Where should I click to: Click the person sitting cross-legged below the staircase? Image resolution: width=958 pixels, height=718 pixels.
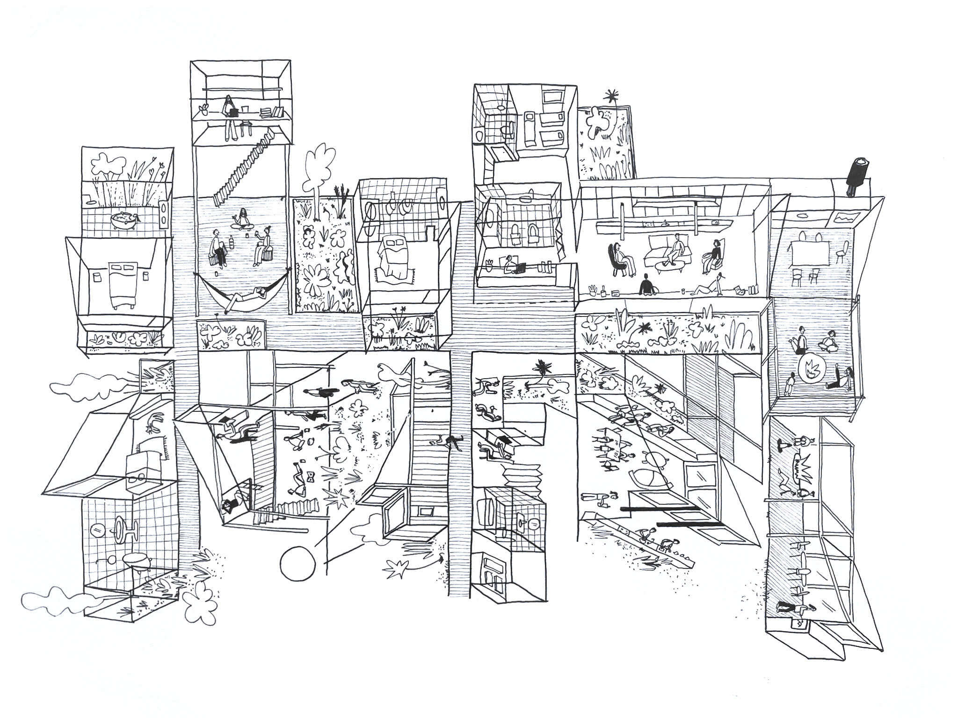pyautogui.click(x=243, y=218)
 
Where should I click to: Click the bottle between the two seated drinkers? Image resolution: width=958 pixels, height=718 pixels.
pyautogui.click(x=232, y=243)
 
